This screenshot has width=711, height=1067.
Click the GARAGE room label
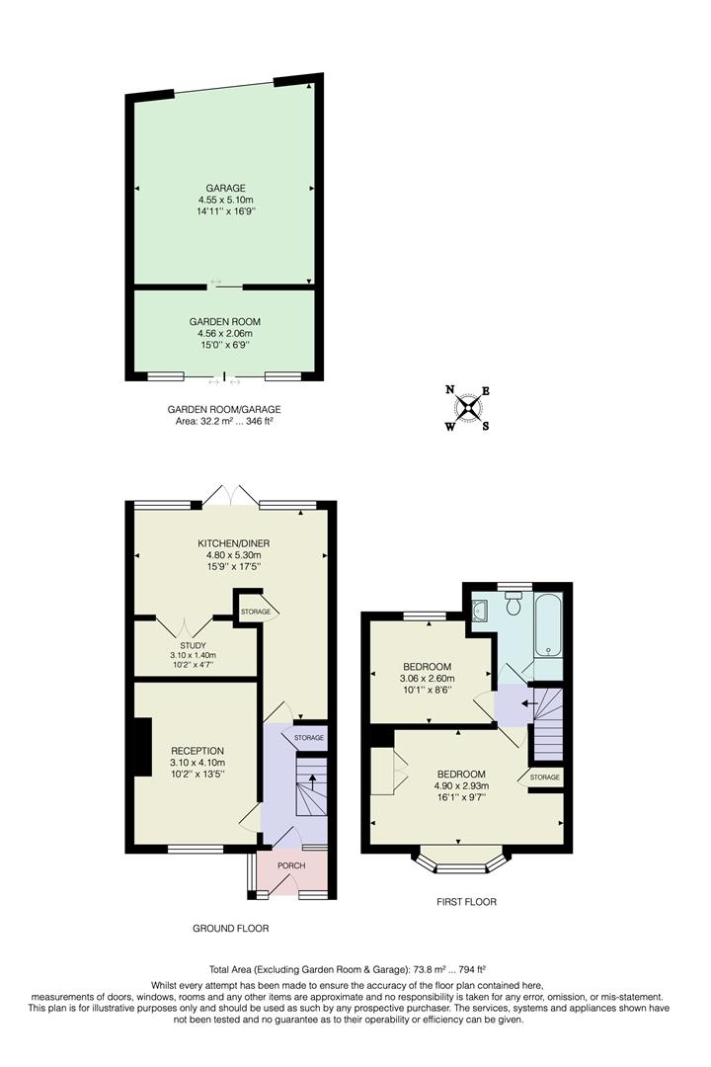(225, 188)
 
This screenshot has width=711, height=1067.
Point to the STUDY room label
(192, 643)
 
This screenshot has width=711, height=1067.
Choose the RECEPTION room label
(197, 751)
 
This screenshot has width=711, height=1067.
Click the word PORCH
(290, 866)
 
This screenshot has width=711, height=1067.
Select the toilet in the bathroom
(513, 605)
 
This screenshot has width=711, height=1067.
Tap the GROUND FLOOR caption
(231, 929)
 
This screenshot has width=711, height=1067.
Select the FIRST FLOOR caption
(466, 902)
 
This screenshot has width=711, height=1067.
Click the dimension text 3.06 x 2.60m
(427, 679)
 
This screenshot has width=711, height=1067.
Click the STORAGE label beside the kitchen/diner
(256, 613)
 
